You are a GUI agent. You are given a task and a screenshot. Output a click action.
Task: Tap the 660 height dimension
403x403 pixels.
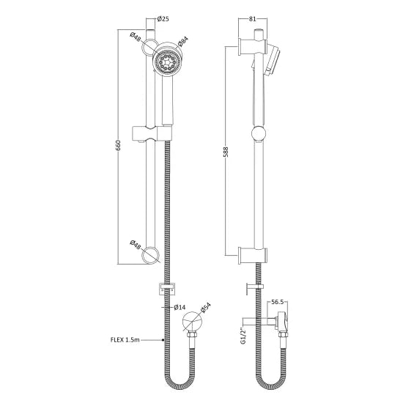(118, 147)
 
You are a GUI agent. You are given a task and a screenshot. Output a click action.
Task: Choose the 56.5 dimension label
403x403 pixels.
(277, 300)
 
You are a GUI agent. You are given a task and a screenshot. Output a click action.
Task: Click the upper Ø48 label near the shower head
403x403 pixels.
(136, 37)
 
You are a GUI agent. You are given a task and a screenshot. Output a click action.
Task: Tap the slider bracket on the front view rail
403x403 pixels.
(151, 133)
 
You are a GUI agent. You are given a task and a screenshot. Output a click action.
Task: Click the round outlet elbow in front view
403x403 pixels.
(193, 322)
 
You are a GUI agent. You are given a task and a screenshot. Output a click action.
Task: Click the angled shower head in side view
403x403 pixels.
(269, 57)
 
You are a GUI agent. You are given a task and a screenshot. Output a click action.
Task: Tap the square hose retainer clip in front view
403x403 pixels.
(166, 287)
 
